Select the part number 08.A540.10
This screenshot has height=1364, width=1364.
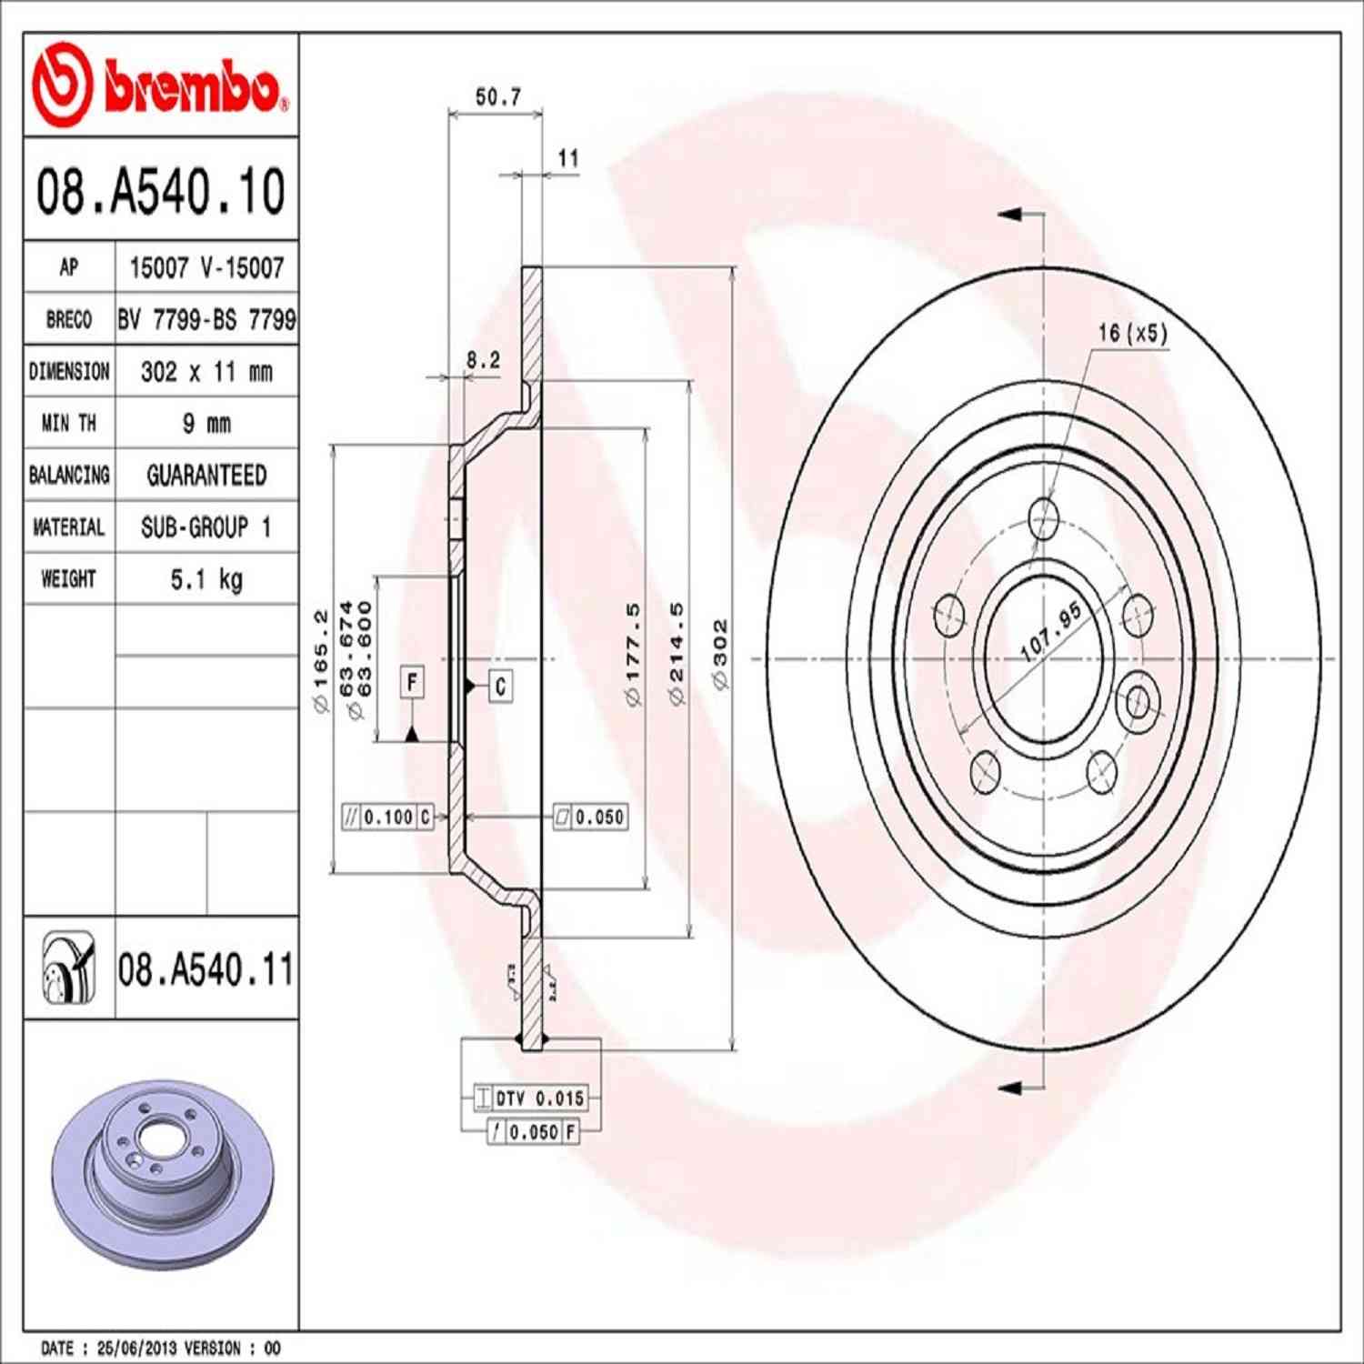(160, 191)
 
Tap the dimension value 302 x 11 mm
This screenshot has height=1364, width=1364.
(206, 372)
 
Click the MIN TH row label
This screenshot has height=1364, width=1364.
(69, 424)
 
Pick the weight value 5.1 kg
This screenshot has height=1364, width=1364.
(206, 579)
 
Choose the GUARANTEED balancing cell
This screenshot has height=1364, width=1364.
(206, 476)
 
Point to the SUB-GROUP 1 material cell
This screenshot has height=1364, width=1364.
(206, 527)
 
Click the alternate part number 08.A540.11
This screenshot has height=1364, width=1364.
(206, 969)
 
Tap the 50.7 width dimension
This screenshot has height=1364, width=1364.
(497, 96)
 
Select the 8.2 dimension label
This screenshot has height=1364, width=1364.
(483, 360)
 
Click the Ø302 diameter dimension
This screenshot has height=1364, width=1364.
(720, 655)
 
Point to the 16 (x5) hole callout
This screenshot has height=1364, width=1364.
(1131, 333)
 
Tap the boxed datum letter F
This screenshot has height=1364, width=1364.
(412, 682)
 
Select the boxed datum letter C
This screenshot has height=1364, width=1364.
(500, 686)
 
